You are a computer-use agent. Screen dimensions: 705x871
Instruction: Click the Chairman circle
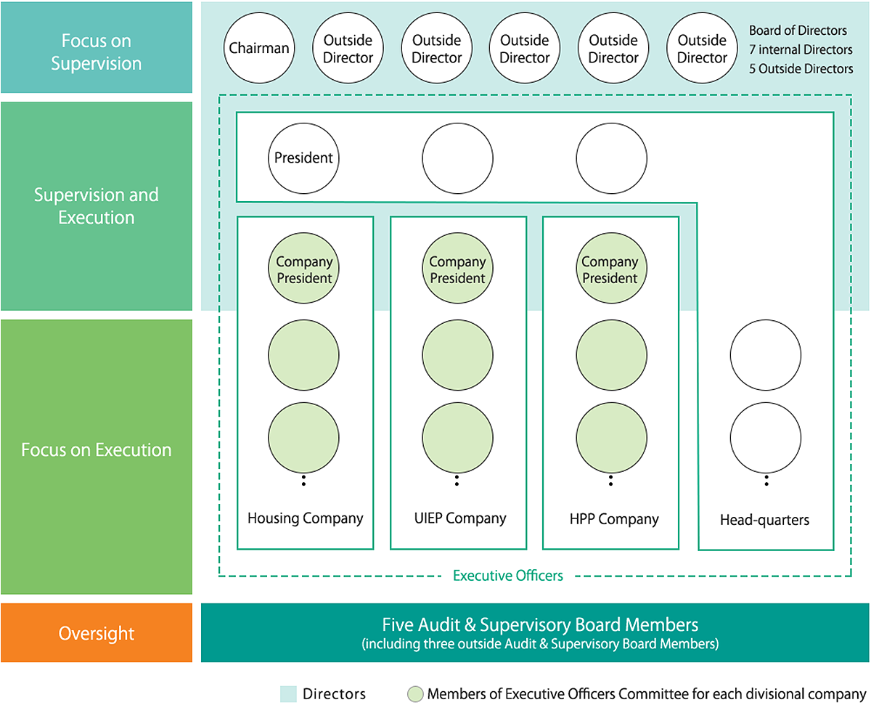pyautogui.click(x=259, y=49)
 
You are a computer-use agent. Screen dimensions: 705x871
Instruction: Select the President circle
pyautogui.click(x=303, y=158)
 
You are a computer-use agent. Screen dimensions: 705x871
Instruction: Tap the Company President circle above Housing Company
pyautogui.click(x=304, y=270)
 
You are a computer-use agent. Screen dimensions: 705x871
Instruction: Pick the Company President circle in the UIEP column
pyautogui.click(x=457, y=270)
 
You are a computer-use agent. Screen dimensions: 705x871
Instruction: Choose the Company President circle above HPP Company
pyautogui.click(x=610, y=270)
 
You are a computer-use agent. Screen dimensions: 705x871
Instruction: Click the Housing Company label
pyautogui.click(x=305, y=518)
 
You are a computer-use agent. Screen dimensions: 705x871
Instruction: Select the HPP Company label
pyautogui.click(x=614, y=519)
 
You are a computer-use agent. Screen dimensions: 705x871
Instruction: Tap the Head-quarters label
pyautogui.click(x=764, y=520)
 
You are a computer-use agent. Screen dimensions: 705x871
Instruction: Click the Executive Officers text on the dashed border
pyautogui.click(x=508, y=576)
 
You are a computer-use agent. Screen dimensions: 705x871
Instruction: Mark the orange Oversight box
pyautogui.click(x=97, y=633)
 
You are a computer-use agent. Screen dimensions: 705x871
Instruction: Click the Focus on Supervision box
pyautogui.click(x=97, y=52)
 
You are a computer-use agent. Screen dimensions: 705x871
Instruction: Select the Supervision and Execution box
pyautogui.click(x=97, y=206)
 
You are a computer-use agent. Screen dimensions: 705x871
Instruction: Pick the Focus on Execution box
pyautogui.click(x=97, y=450)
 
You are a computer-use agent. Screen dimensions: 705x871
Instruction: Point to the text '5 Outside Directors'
pyautogui.click(x=801, y=68)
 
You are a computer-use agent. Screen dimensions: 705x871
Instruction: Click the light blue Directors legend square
pyautogui.click(x=288, y=694)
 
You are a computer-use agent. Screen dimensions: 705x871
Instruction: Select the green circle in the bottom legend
pyautogui.click(x=415, y=694)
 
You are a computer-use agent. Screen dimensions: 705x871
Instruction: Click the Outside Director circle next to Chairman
pyautogui.click(x=348, y=49)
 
